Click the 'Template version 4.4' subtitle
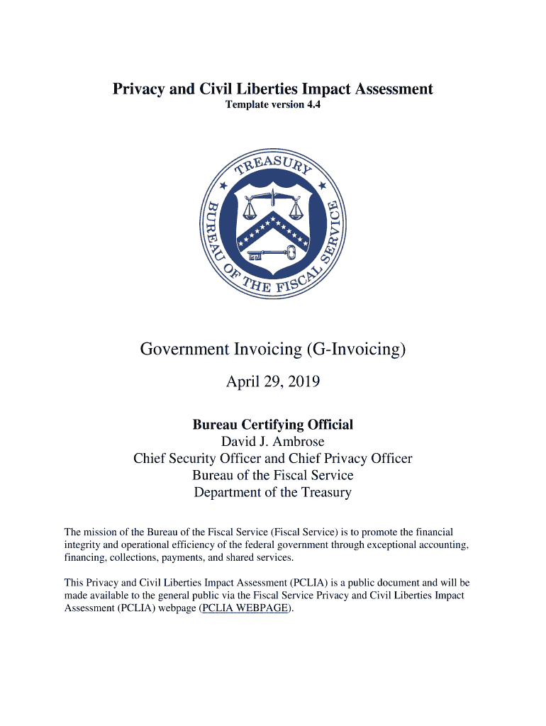273,106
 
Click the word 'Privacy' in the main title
140,89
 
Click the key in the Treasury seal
272,253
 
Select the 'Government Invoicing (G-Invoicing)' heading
273,350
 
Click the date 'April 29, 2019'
273,382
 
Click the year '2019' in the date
303,382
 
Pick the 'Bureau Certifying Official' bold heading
273,425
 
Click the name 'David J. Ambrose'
273,442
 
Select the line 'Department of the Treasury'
273,492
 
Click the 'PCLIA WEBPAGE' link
245,608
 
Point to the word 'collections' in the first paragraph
131,558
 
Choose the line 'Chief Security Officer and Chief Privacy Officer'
273,459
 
